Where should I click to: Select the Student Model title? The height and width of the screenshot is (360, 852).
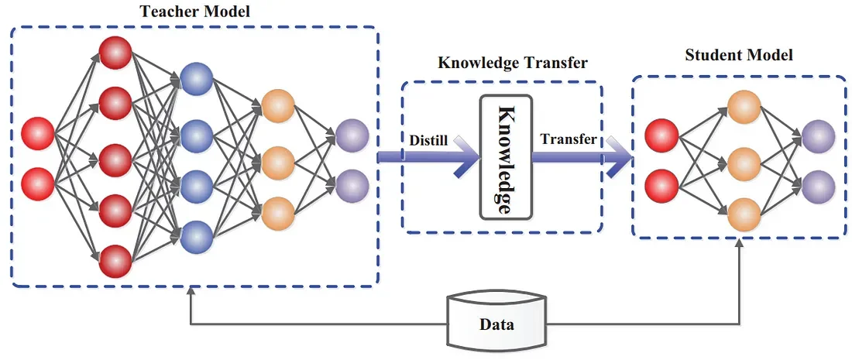coord(739,56)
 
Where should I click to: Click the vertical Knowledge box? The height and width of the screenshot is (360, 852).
coord(505,157)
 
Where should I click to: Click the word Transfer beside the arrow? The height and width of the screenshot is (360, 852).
coord(569,139)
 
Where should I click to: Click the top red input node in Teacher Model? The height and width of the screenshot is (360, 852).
coord(39,133)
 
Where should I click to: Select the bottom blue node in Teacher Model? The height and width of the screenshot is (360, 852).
coord(197,236)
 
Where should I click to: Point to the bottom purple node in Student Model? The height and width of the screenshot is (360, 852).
coord(818,186)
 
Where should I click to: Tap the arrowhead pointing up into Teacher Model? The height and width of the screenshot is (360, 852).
coord(191,292)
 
